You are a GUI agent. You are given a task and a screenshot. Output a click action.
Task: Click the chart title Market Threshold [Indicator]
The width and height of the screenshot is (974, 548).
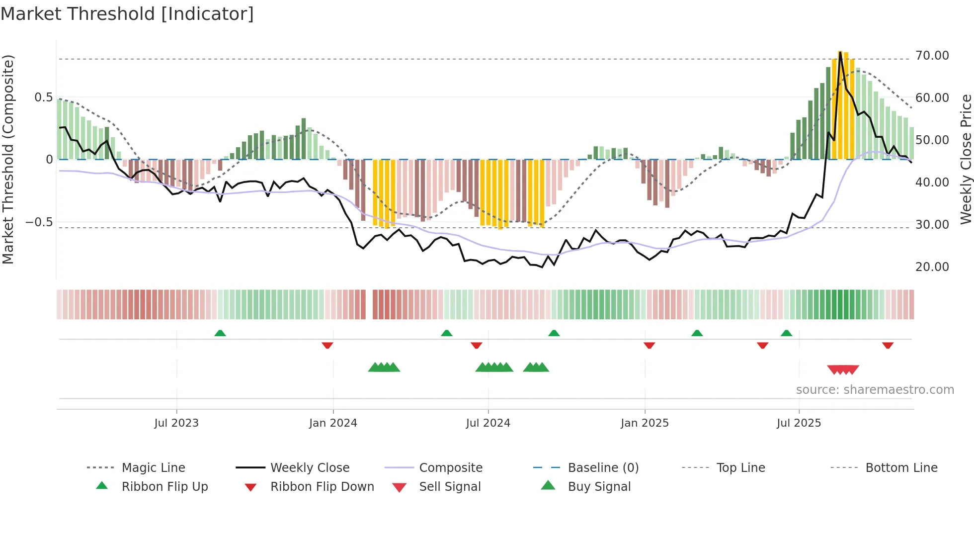127,14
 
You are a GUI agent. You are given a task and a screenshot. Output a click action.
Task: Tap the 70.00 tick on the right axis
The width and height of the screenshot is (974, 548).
932,56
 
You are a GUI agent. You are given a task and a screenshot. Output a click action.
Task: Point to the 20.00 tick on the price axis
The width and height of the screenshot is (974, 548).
932,267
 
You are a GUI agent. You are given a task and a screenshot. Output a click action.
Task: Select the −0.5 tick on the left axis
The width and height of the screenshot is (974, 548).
39,222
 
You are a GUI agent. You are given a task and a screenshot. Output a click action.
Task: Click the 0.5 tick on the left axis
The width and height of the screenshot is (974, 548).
43,97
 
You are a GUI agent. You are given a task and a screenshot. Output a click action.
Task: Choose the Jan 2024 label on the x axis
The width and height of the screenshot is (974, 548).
333,423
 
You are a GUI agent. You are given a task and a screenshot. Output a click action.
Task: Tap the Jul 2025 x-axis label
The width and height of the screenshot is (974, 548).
799,423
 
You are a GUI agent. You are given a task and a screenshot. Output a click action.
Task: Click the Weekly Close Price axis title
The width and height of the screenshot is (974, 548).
966,159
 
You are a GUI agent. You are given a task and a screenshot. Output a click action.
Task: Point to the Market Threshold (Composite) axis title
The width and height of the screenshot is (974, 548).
8,159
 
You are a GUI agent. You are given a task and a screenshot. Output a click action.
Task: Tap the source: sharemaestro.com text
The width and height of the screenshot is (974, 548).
875,390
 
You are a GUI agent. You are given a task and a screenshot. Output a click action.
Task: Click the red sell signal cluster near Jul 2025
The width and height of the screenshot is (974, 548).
843,369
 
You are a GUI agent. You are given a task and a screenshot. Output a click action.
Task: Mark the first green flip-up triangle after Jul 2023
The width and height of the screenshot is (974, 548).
220,333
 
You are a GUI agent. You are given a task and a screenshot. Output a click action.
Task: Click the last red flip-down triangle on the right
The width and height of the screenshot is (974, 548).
888,345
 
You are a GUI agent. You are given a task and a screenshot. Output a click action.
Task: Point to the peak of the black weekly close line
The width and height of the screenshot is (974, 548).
840,52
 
